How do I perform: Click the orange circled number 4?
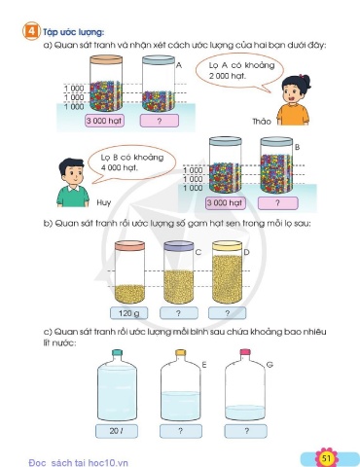click(31, 31)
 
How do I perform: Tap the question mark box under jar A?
click(160, 121)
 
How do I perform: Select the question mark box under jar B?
click(277, 203)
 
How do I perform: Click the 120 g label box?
click(129, 313)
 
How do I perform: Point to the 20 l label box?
click(117, 431)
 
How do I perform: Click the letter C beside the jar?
click(198, 252)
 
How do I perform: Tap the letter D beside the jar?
click(246, 252)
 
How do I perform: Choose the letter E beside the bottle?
click(204, 365)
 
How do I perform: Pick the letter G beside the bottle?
click(270, 365)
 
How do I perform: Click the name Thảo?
click(262, 122)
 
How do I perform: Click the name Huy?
click(104, 203)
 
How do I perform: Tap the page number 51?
click(326, 458)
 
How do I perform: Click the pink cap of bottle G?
click(245, 352)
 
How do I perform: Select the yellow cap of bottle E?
click(180, 352)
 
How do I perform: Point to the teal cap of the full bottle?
click(117, 353)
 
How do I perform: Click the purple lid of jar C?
click(178, 246)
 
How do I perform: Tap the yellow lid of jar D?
click(227, 246)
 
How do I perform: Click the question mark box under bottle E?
click(181, 431)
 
